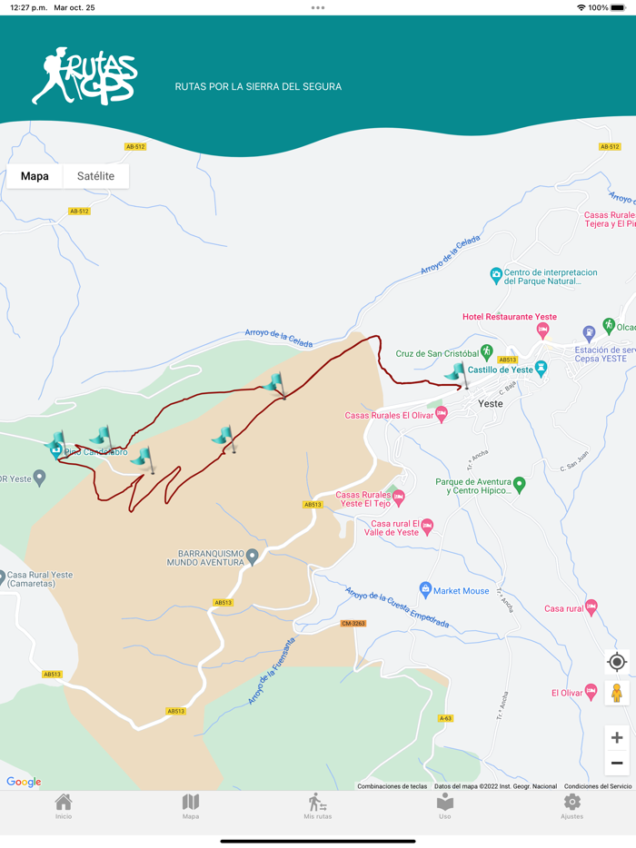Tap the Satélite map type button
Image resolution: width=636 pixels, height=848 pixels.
95,176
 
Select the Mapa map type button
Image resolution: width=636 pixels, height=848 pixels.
35,176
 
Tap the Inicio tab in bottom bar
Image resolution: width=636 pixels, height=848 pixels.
64,806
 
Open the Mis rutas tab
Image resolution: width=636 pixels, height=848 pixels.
317,806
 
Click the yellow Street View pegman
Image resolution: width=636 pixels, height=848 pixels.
616,694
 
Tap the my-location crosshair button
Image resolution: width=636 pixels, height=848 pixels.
616,662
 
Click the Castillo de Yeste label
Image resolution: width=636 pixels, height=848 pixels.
500,370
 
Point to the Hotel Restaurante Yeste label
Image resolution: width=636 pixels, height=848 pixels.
509,317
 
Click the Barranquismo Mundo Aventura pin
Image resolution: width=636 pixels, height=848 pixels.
253,555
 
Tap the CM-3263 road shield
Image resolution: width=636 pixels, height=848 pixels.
353,624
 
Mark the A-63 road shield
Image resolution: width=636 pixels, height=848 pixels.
445,718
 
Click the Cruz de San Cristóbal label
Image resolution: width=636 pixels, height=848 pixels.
437,353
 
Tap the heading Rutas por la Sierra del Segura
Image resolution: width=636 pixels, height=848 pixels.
258,87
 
